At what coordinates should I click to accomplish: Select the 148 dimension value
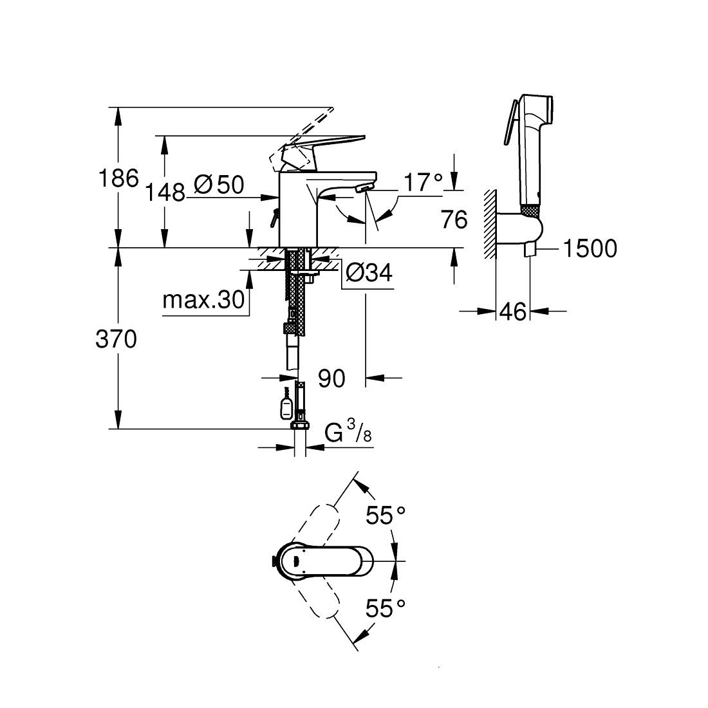(x=165, y=191)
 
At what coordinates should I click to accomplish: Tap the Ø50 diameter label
(x=219, y=185)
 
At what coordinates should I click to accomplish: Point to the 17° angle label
(x=423, y=182)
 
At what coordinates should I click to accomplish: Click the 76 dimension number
(x=454, y=220)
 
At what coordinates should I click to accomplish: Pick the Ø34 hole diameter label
(x=369, y=274)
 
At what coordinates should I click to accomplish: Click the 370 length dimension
(x=116, y=339)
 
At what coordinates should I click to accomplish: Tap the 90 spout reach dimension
(x=332, y=378)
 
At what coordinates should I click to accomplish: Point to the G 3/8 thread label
(x=348, y=433)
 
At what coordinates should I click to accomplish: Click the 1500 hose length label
(x=590, y=248)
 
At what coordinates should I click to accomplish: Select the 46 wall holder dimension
(x=513, y=312)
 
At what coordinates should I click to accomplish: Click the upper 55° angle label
(x=386, y=515)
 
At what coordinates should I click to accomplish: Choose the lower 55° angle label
(x=386, y=608)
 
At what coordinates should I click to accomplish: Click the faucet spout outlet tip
(x=363, y=188)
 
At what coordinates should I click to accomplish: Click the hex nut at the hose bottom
(x=300, y=425)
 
